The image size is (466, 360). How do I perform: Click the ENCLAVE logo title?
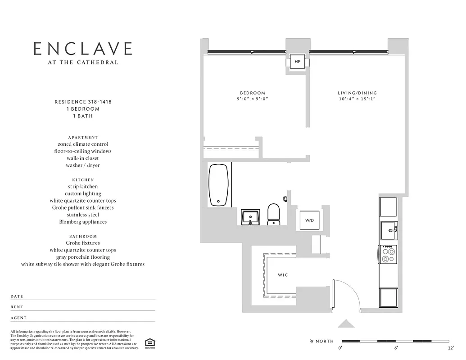tap(83, 49)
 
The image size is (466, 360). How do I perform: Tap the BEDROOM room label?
tap(252, 93)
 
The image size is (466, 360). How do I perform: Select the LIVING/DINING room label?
tap(357, 93)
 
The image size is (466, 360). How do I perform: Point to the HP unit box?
tap(297, 61)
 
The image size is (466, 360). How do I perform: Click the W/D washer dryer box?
tap(309, 220)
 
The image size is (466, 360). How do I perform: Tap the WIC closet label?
tap(282, 275)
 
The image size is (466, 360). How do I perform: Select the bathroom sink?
tap(250, 218)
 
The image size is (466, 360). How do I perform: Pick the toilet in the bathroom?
tap(273, 214)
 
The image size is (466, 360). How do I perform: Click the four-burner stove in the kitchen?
tap(388, 254)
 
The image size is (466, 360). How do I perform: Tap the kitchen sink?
tap(388, 231)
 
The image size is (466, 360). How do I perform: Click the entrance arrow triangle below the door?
tap(346, 324)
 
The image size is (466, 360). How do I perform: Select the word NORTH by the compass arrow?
tap(324, 341)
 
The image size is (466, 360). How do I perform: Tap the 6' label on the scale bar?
tap(396, 348)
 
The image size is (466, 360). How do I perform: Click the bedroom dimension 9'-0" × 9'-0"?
tap(252, 99)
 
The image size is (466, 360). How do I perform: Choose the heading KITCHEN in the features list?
tap(83, 180)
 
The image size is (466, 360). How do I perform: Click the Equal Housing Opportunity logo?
tap(149, 342)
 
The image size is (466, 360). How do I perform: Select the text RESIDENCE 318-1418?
tap(83, 102)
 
